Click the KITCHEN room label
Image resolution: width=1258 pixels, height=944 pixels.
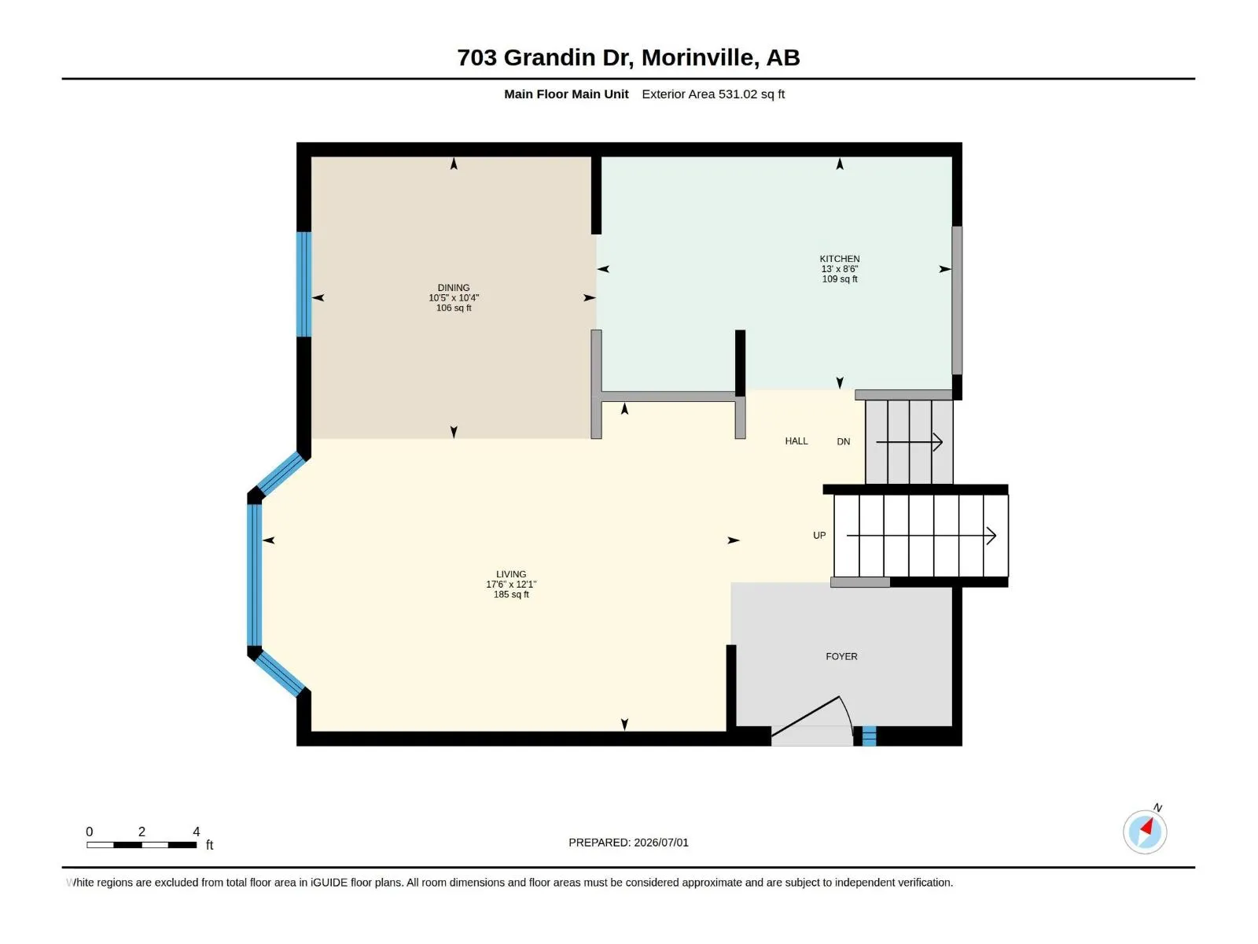(839, 259)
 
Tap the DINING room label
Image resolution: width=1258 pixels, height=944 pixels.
(454, 288)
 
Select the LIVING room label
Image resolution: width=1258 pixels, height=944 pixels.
(510, 573)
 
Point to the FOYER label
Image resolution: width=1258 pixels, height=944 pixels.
(841, 656)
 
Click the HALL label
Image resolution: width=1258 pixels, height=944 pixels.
(796, 441)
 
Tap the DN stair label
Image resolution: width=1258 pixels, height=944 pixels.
(843, 441)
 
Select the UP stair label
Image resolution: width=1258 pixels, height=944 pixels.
(819, 536)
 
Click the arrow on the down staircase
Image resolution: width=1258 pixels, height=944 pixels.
(909, 442)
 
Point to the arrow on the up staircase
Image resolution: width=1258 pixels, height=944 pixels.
(921, 536)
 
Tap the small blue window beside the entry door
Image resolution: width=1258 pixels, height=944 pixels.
(869, 736)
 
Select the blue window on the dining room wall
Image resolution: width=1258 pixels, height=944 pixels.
(303, 284)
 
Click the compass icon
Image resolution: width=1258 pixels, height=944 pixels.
(1145, 832)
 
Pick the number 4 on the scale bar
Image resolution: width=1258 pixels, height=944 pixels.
(197, 831)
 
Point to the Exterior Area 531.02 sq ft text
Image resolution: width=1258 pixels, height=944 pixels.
(713, 94)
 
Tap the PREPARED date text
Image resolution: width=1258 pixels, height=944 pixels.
(628, 843)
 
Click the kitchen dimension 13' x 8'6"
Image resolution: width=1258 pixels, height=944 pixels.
(839, 269)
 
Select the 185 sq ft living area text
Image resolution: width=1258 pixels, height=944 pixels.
(510, 595)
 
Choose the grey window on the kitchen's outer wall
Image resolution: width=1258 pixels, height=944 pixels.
(957, 301)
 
